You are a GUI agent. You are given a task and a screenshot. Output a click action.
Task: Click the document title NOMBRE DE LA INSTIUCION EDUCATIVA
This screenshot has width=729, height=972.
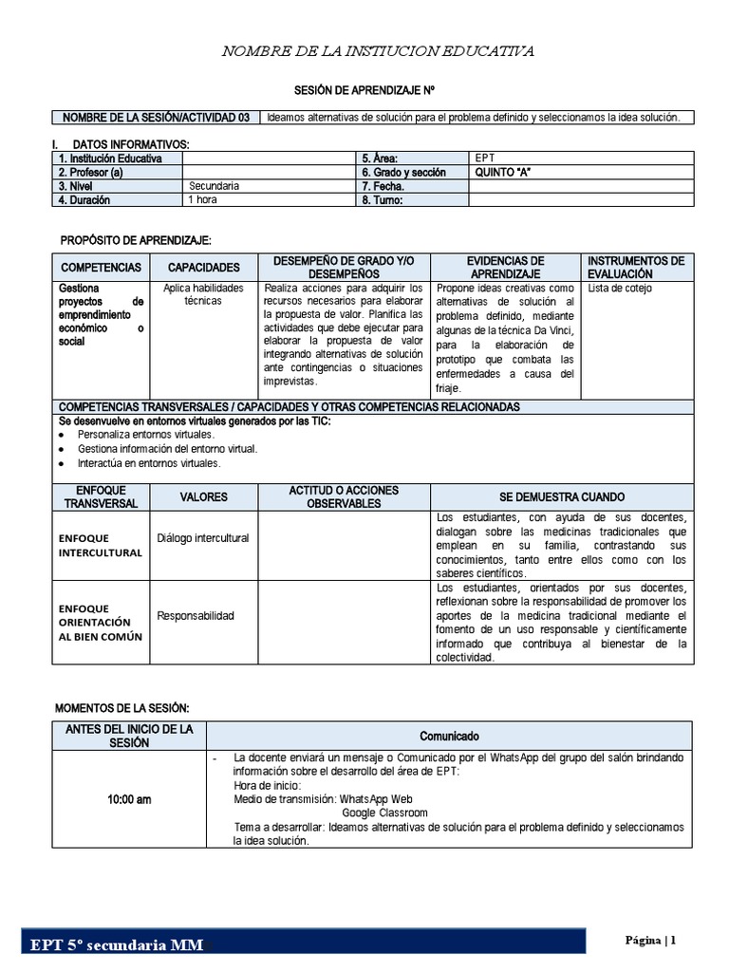(378, 50)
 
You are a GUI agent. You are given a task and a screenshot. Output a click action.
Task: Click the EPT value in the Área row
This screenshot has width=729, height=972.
(485, 159)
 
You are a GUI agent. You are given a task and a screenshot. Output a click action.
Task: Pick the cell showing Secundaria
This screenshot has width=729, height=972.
(215, 186)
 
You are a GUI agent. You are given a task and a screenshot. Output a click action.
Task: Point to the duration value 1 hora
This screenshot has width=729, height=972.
(202, 200)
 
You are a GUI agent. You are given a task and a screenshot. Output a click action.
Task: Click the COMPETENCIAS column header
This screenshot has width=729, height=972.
(101, 268)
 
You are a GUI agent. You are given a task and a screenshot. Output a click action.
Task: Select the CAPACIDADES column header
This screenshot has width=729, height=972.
(203, 268)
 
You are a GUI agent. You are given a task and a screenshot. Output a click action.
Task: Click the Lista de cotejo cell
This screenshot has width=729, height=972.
(619, 288)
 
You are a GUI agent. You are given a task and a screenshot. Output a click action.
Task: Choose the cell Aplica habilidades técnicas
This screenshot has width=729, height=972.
(203, 294)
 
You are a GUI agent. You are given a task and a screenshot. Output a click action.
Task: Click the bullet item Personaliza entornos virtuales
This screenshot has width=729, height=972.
(146, 434)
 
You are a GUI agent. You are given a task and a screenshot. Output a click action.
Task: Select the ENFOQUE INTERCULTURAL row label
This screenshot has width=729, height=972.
(100, 545)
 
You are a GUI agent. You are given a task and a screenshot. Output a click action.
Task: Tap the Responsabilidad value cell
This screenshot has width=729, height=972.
(196, 616)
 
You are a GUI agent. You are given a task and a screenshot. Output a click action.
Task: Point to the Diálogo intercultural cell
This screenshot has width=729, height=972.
(203, 538)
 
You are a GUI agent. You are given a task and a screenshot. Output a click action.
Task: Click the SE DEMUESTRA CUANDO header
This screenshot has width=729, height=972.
(562, 497)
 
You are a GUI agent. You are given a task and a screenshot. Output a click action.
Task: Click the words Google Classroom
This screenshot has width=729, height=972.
(384, 813)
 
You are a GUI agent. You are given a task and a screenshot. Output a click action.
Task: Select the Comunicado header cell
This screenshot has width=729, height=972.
(450, 737)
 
